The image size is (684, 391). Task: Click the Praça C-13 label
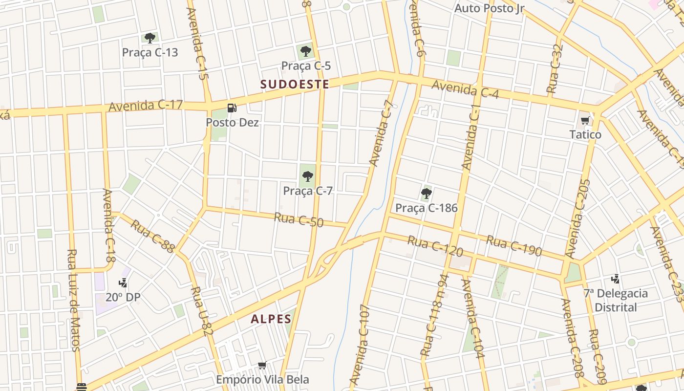tap(150, 52)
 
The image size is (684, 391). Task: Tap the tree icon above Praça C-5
tap(306, 51)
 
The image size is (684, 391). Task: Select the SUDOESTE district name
tap(295, 84)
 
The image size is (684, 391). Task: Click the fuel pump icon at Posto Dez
tap(233, 108)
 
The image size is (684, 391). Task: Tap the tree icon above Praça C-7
tap(307, 176)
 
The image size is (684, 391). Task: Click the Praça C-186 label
tap(426, 208)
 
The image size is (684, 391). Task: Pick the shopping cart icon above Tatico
tap(585, 120)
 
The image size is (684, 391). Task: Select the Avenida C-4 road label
tap(465, 89)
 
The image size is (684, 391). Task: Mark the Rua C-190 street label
tap(514, 245)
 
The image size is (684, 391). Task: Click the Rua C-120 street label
tap(435, 245)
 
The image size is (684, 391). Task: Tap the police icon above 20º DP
tap(123, 282)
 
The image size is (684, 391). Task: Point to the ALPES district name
tap(271, 319)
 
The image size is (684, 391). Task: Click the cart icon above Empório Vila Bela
tap(262, 365)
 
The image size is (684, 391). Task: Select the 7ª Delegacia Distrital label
tap(616, 300)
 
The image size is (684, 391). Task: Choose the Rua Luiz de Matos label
tap(73, 300)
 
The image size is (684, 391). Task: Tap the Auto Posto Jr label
tap(489, 8)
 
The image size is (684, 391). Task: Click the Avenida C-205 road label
tap(578, 218)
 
